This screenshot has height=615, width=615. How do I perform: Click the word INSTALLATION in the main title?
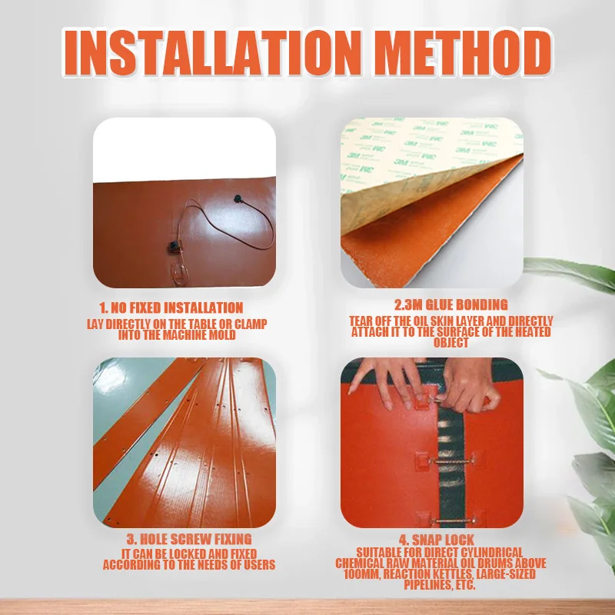tap(212, 52)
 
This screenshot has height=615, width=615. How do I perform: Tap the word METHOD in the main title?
tap(463, 52)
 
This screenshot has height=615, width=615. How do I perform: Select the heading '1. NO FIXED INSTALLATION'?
tap(171, 308)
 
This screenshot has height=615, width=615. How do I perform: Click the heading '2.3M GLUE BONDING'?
tap(451, 304)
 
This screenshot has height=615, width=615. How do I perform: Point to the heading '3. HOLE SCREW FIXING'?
tap(189, 539)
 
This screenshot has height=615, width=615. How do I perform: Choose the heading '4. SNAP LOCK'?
tap(437, 540)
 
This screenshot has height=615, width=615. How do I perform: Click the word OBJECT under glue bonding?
tap(451, 343)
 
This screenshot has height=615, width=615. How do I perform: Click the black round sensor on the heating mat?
tap(238, 199)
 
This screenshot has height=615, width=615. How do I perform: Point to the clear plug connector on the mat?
tap(179, 274)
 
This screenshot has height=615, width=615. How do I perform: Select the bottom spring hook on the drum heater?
tap(453, 521)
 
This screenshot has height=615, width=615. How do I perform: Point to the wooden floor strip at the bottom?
tap(307, 607)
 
